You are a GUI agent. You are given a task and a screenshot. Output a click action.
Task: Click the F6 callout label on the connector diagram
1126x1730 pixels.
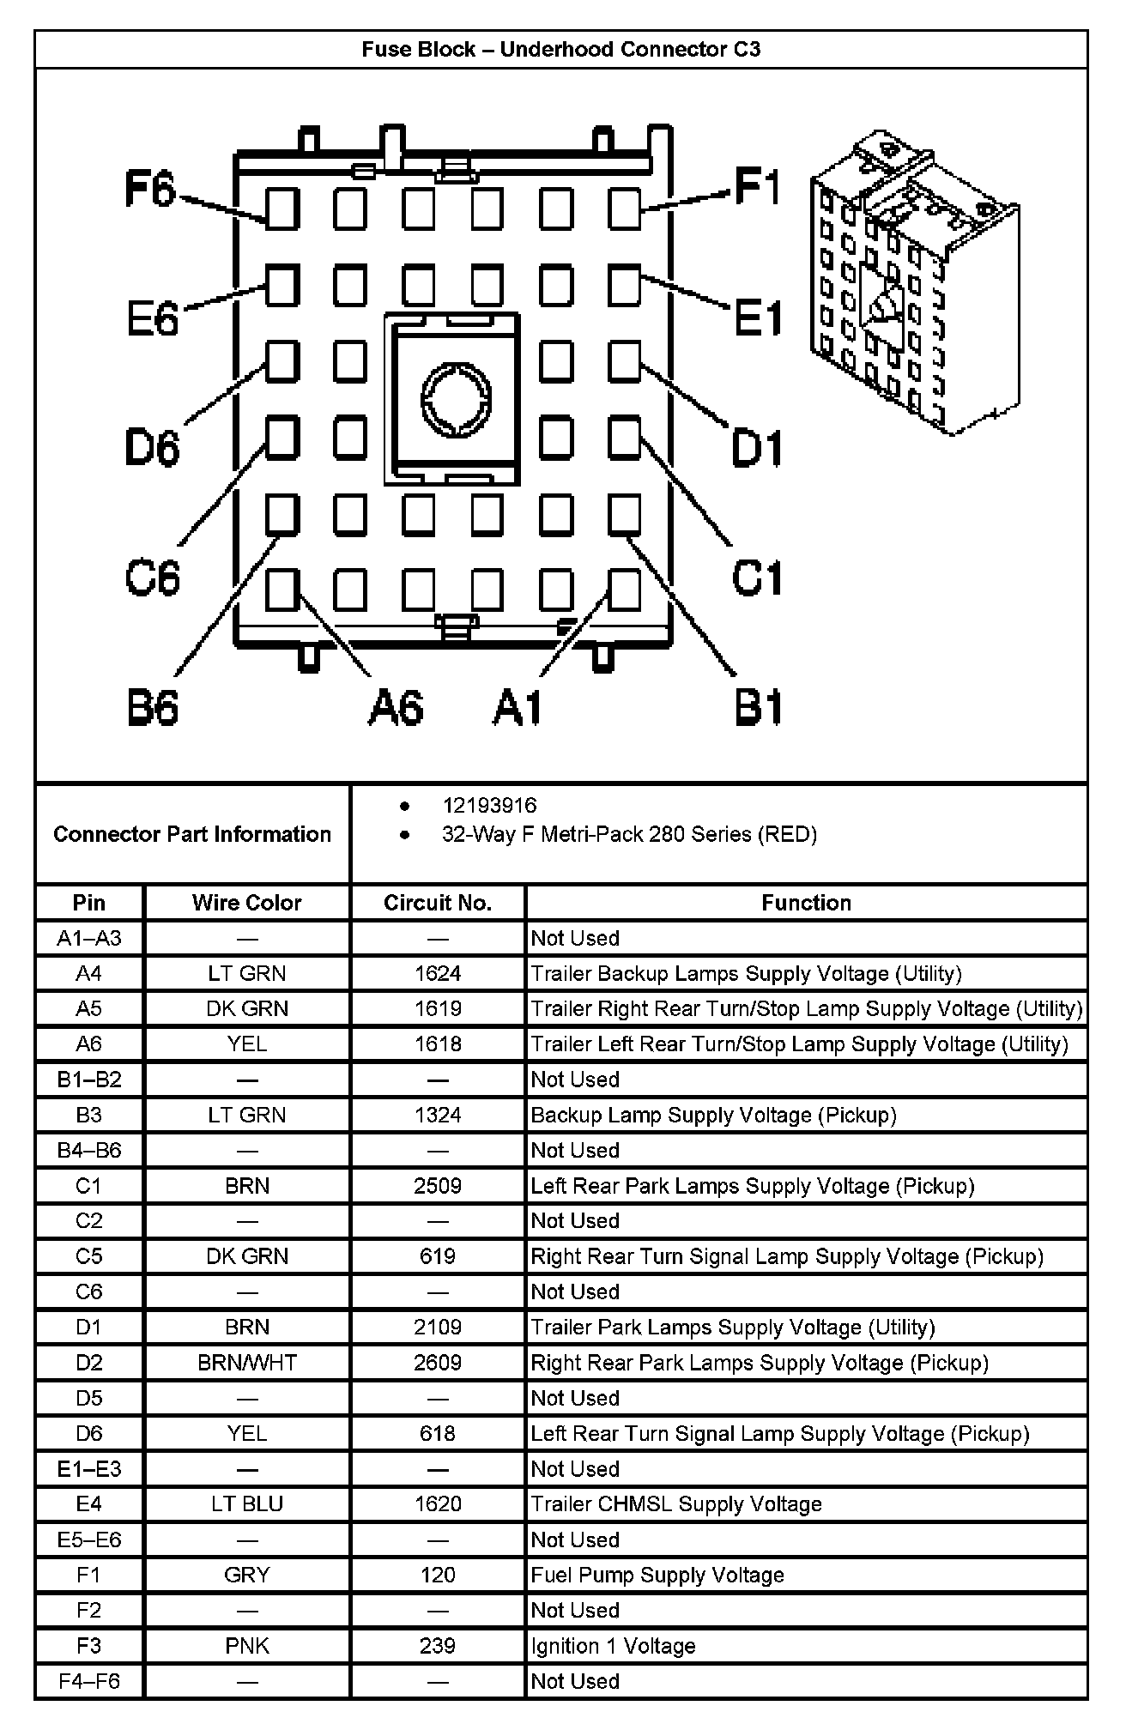[x=151, y=189]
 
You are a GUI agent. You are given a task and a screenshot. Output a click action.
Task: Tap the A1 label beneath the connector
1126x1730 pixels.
[x=518, y=709]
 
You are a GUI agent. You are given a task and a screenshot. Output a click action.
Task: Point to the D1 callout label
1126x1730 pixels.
[x=756, y=448]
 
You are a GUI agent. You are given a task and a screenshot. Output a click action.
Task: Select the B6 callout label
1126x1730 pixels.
[x=153, y=709]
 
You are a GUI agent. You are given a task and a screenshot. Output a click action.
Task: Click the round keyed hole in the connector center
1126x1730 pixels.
[x=456, y=399]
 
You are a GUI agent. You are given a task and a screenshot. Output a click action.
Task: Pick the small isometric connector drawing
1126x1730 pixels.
[x=913, y=283]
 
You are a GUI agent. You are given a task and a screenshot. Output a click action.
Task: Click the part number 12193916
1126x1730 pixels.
[x=489, y=805]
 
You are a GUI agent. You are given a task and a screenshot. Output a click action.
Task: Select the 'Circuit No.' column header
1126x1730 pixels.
[x=438, y=903]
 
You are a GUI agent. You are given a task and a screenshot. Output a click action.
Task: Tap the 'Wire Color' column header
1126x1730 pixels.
[x=247, y=903]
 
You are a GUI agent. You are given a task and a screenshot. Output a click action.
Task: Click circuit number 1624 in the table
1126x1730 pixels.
[x=438, y=973]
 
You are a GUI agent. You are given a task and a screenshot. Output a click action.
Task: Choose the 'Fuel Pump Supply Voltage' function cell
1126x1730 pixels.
[x=657, y=1575]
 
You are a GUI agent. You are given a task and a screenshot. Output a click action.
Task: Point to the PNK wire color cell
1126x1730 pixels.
[x=247, y=1645]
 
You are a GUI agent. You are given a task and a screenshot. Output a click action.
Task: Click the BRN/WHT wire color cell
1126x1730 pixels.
[x=247, y=1363]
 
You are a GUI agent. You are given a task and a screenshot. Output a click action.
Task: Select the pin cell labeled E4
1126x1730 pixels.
[x=89, y=1503]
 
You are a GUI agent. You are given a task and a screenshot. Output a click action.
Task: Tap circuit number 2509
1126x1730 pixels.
[x=438, y=1186]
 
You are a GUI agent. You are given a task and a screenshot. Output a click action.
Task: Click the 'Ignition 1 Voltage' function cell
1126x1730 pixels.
[x=613, y=1645]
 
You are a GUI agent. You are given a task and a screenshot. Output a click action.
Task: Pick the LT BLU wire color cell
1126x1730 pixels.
[x=247, y=1503]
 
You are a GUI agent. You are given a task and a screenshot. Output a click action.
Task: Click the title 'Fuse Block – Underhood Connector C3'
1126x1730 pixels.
[x=561, y=50]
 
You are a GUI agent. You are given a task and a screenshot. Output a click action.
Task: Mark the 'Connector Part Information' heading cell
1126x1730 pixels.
[x=192, y=834]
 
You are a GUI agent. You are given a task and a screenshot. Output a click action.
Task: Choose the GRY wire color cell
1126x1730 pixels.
[x=247, y=1575]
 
